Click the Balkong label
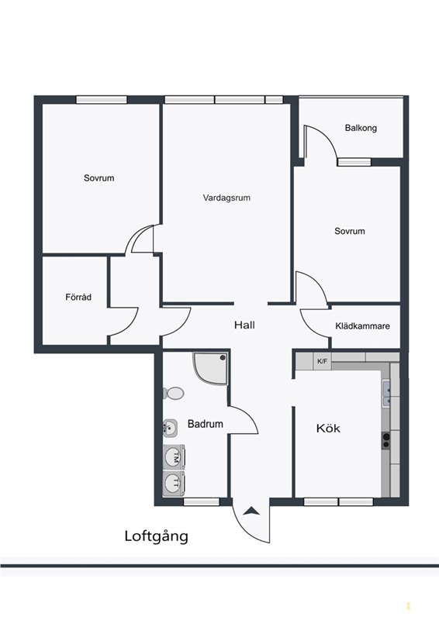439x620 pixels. coord(361,128)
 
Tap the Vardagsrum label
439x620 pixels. coord(226,198)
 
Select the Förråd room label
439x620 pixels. coord(78,297)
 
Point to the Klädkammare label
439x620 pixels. coord(362,325)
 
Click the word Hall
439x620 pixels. coord(244,325)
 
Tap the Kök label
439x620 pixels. coord(328,429)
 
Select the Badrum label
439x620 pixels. coord(205,424)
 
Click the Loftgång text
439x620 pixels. coord(157,537)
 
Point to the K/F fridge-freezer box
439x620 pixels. coord(322,361)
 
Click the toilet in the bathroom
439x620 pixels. coord(174,393)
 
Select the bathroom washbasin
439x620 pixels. coord(171,428)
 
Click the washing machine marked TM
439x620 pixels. coord(175,456)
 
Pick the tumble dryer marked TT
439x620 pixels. coord(175,482)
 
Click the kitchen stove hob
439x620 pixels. coord(385,440)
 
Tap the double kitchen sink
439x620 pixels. coord(386,393)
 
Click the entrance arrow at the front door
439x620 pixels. coord(251,511)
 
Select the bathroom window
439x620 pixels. coord(202,501)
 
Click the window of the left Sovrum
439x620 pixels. coord(102,100)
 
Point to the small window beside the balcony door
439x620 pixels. coord(354,162)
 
